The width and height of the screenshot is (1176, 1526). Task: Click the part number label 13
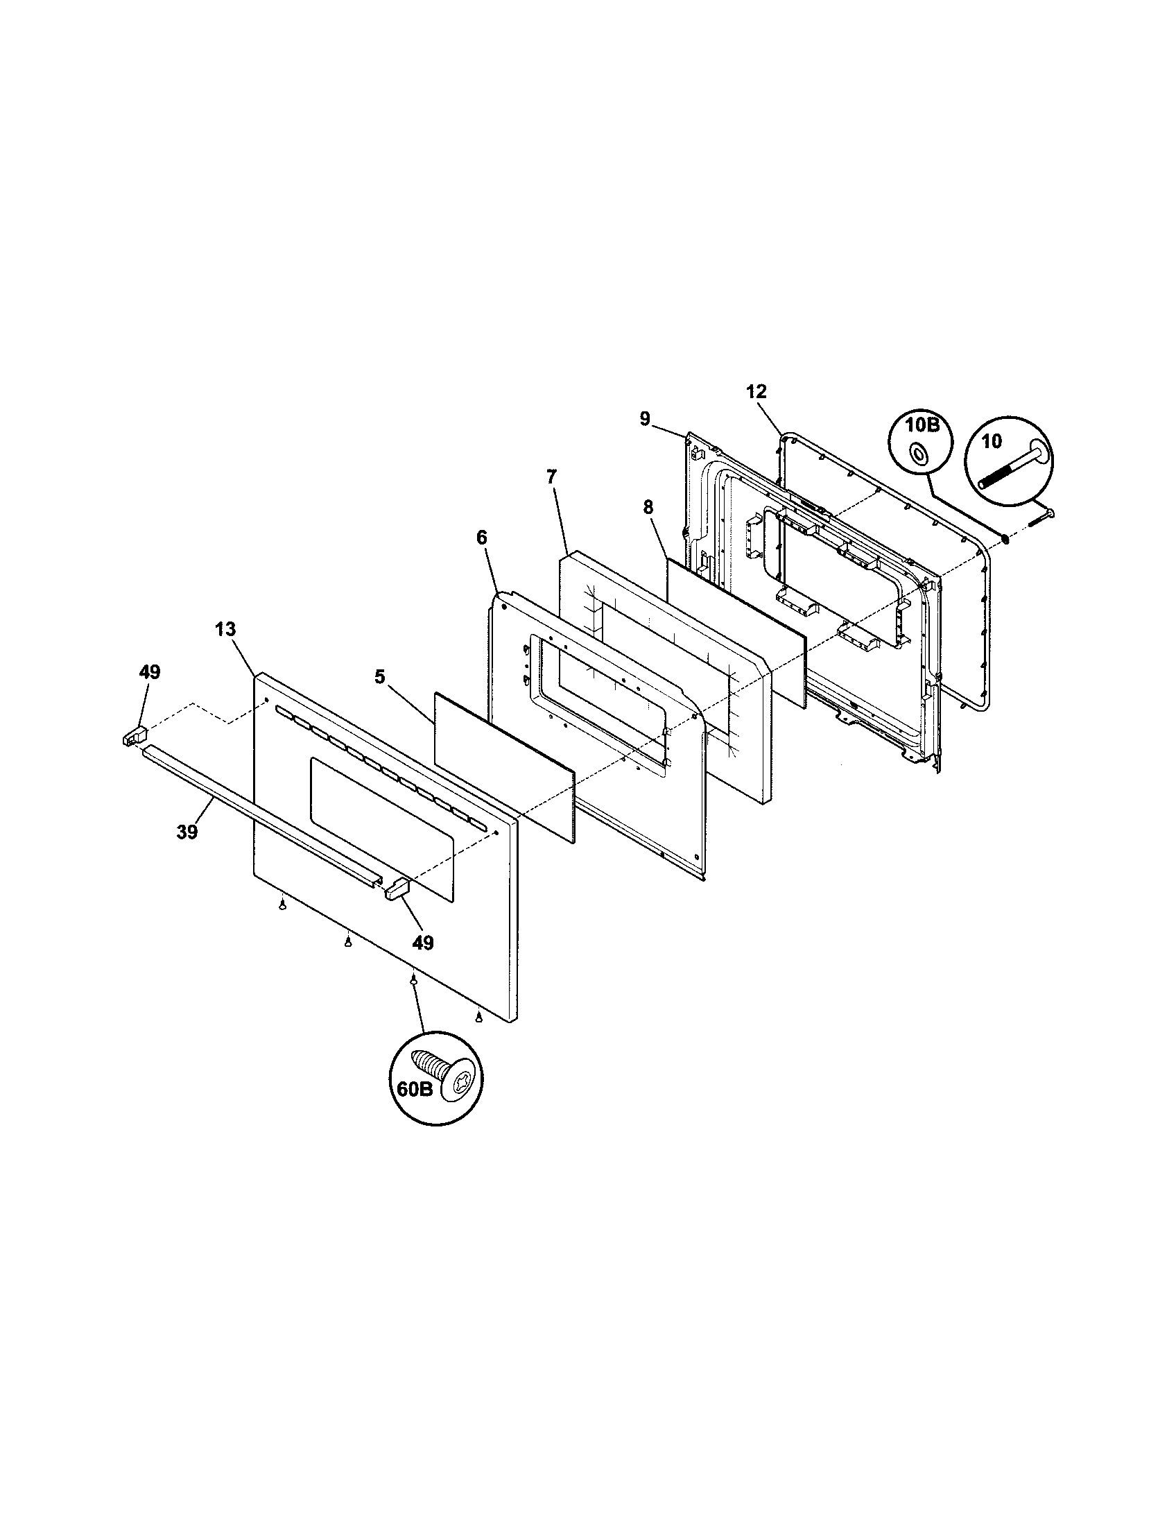click(x=225, y=629)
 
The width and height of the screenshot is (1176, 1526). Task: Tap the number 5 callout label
click(x=379, y=676)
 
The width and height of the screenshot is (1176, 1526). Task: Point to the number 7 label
click(x=551, y=477)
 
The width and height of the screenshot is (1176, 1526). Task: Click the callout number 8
click(x=648, y=508)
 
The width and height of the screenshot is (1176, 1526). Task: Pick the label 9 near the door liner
click(x=644, y=418)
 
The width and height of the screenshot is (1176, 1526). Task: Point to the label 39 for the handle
click(x=187, y=832)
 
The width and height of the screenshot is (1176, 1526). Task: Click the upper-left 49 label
click(x=149, y=672)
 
